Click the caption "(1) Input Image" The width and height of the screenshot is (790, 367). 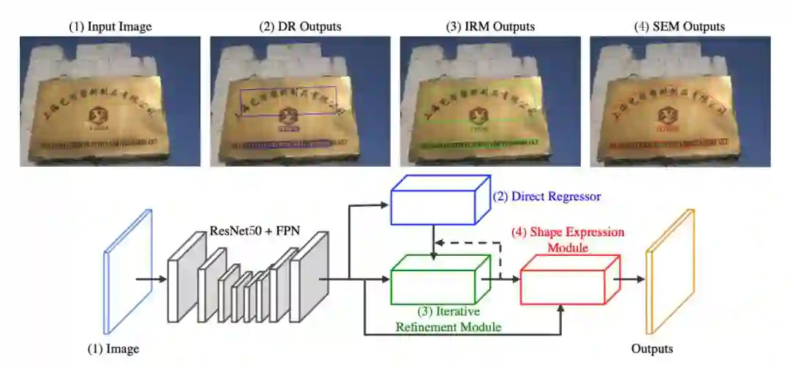pos(110,26)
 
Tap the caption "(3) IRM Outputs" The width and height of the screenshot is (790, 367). pos(490,26)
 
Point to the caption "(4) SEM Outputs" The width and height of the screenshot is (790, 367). pos(680,26)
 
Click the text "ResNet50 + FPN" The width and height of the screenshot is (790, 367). pos(249,216)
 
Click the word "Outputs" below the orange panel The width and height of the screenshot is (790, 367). pos(652,349)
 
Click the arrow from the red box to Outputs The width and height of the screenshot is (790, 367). pos(627,279)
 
